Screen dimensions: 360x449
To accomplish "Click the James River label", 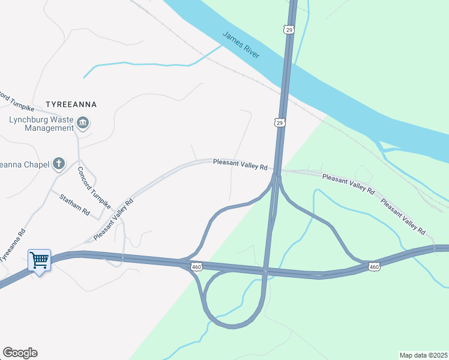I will click(241, 44).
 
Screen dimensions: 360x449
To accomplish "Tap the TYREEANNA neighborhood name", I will click(71, 104).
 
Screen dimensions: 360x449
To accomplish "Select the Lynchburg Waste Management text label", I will click(41, 123).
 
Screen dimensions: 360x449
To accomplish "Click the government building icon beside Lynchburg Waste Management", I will click(83, 124).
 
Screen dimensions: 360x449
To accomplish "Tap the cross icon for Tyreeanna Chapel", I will click(59, 163).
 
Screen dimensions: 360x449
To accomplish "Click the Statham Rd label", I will click(74, 205).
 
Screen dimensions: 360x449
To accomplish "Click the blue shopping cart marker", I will click(39, 260).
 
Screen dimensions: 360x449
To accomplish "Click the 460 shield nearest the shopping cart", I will click(196, 266).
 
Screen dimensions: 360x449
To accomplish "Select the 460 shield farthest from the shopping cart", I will click(375, 266).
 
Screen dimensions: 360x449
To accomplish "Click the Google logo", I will click(20, 353).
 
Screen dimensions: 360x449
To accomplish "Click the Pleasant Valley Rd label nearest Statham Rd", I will click(113, 220).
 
